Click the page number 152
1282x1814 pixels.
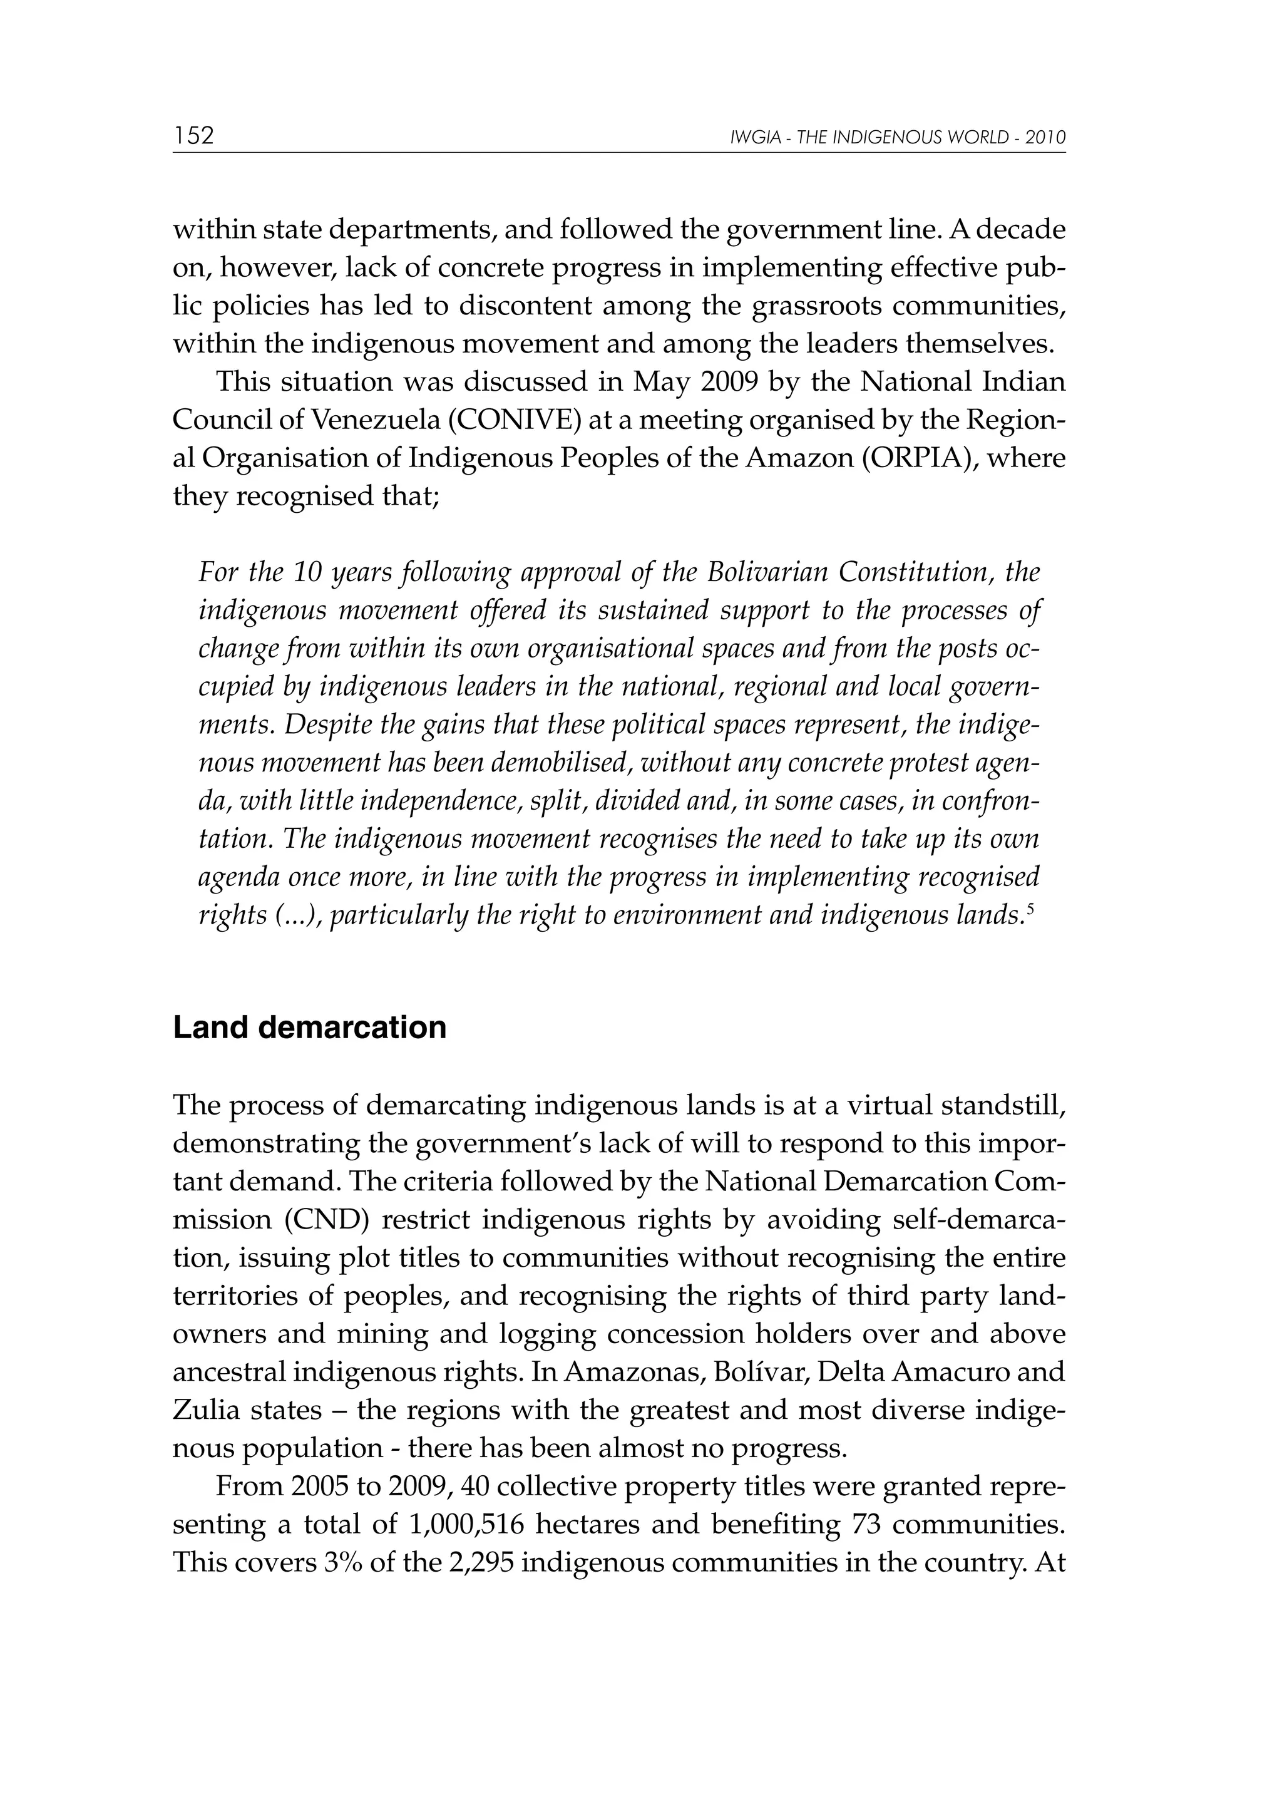point(193,136)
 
